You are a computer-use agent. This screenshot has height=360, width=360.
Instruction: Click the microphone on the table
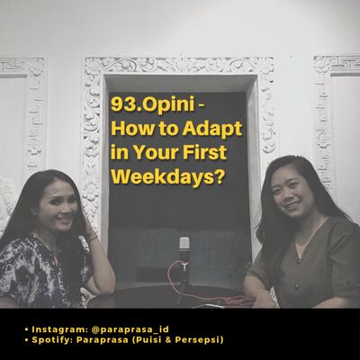pos(184,245)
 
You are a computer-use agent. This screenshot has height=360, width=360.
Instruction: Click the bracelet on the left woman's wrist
pos(92,237)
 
